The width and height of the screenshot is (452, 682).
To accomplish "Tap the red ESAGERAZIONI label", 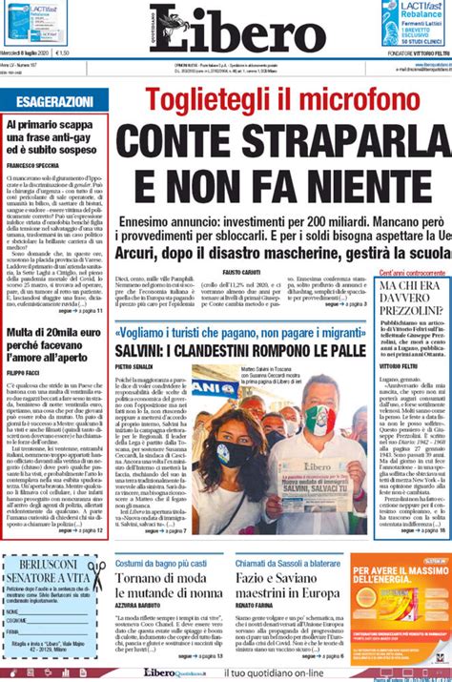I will [x=48, y=100].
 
